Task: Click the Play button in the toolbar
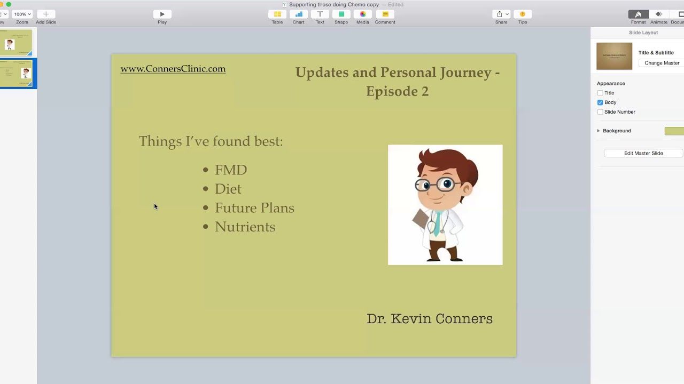pyautogui.click(x=162, y=14)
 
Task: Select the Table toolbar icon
pyautogui.click(x=277, y=14)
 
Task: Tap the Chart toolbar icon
pyautogui.click(x=299, y=14)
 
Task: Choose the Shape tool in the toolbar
pyautogui.click(x=341, y=14)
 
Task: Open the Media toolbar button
pyautogui.click(x=363, y=14)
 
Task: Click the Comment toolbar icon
pyautogui.click(x=385, y=14)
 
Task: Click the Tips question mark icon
pyautogui.click(x=523, y=14)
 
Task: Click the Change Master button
pyautogui.click(x=662, y=63)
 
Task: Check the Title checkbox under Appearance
pyautogui.click(x=600, y=93)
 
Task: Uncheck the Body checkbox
pyautogui.click(x=600, y=102)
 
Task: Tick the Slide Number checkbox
pyautogui.click(x=600, y=112)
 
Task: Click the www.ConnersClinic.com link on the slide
pyautogui.click(x=173, y=69)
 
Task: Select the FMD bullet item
pyautogui.click(x=231, y=170)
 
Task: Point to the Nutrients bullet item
pyautogui.click(x=245, y=227)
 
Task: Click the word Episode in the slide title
pyautogui.click(x=388, y=91)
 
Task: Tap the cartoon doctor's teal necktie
pyautogui.click(x=438, y=223)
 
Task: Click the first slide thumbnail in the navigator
pyautogui.click(x=16, y=42)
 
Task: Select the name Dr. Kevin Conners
pyautogui.click(x=429, y=319)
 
